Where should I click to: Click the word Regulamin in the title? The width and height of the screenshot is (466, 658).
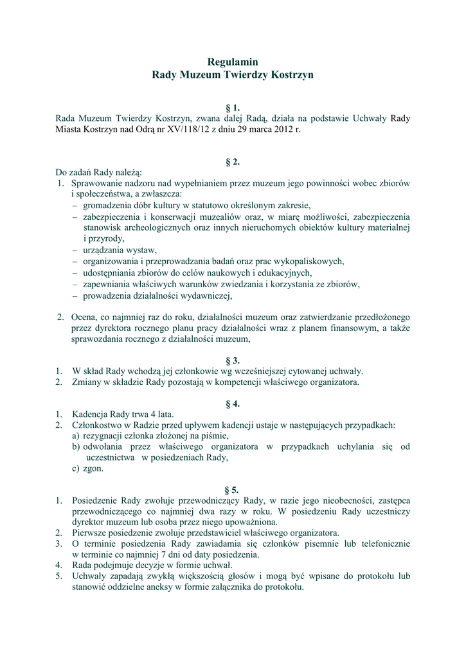tap(232, 62)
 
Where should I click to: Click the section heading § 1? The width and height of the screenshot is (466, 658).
tap(232, 107)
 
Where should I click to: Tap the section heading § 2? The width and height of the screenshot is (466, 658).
tap(232, 162)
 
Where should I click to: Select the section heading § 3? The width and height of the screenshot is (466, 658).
tap(232, 360)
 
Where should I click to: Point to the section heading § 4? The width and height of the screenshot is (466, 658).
tap(232, 404)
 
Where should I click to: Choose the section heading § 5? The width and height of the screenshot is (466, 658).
tap(232, 490)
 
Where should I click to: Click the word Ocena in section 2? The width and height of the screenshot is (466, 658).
tap(84, 317)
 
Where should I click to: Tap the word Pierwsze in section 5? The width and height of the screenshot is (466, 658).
tap(90, 533)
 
